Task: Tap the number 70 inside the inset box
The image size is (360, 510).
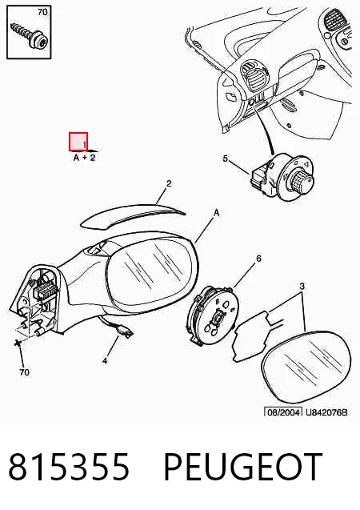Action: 42,12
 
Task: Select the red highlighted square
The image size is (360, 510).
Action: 78,142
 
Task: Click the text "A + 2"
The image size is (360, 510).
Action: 85,158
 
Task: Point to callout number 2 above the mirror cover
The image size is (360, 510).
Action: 169,183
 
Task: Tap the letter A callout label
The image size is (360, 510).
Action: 216,213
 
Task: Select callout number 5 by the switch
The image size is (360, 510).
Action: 225,159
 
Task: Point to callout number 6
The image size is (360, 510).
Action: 258,259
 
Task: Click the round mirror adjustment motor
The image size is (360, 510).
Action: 214,315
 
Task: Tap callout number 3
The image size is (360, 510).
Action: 302,287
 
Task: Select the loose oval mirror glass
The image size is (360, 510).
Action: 306,367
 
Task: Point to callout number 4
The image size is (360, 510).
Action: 105,361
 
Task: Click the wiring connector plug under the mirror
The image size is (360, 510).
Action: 126,332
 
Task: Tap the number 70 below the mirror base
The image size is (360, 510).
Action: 24,372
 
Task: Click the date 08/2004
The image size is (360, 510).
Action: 283,412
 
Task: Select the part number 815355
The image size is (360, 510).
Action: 69,467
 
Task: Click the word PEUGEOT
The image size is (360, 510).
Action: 243,467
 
